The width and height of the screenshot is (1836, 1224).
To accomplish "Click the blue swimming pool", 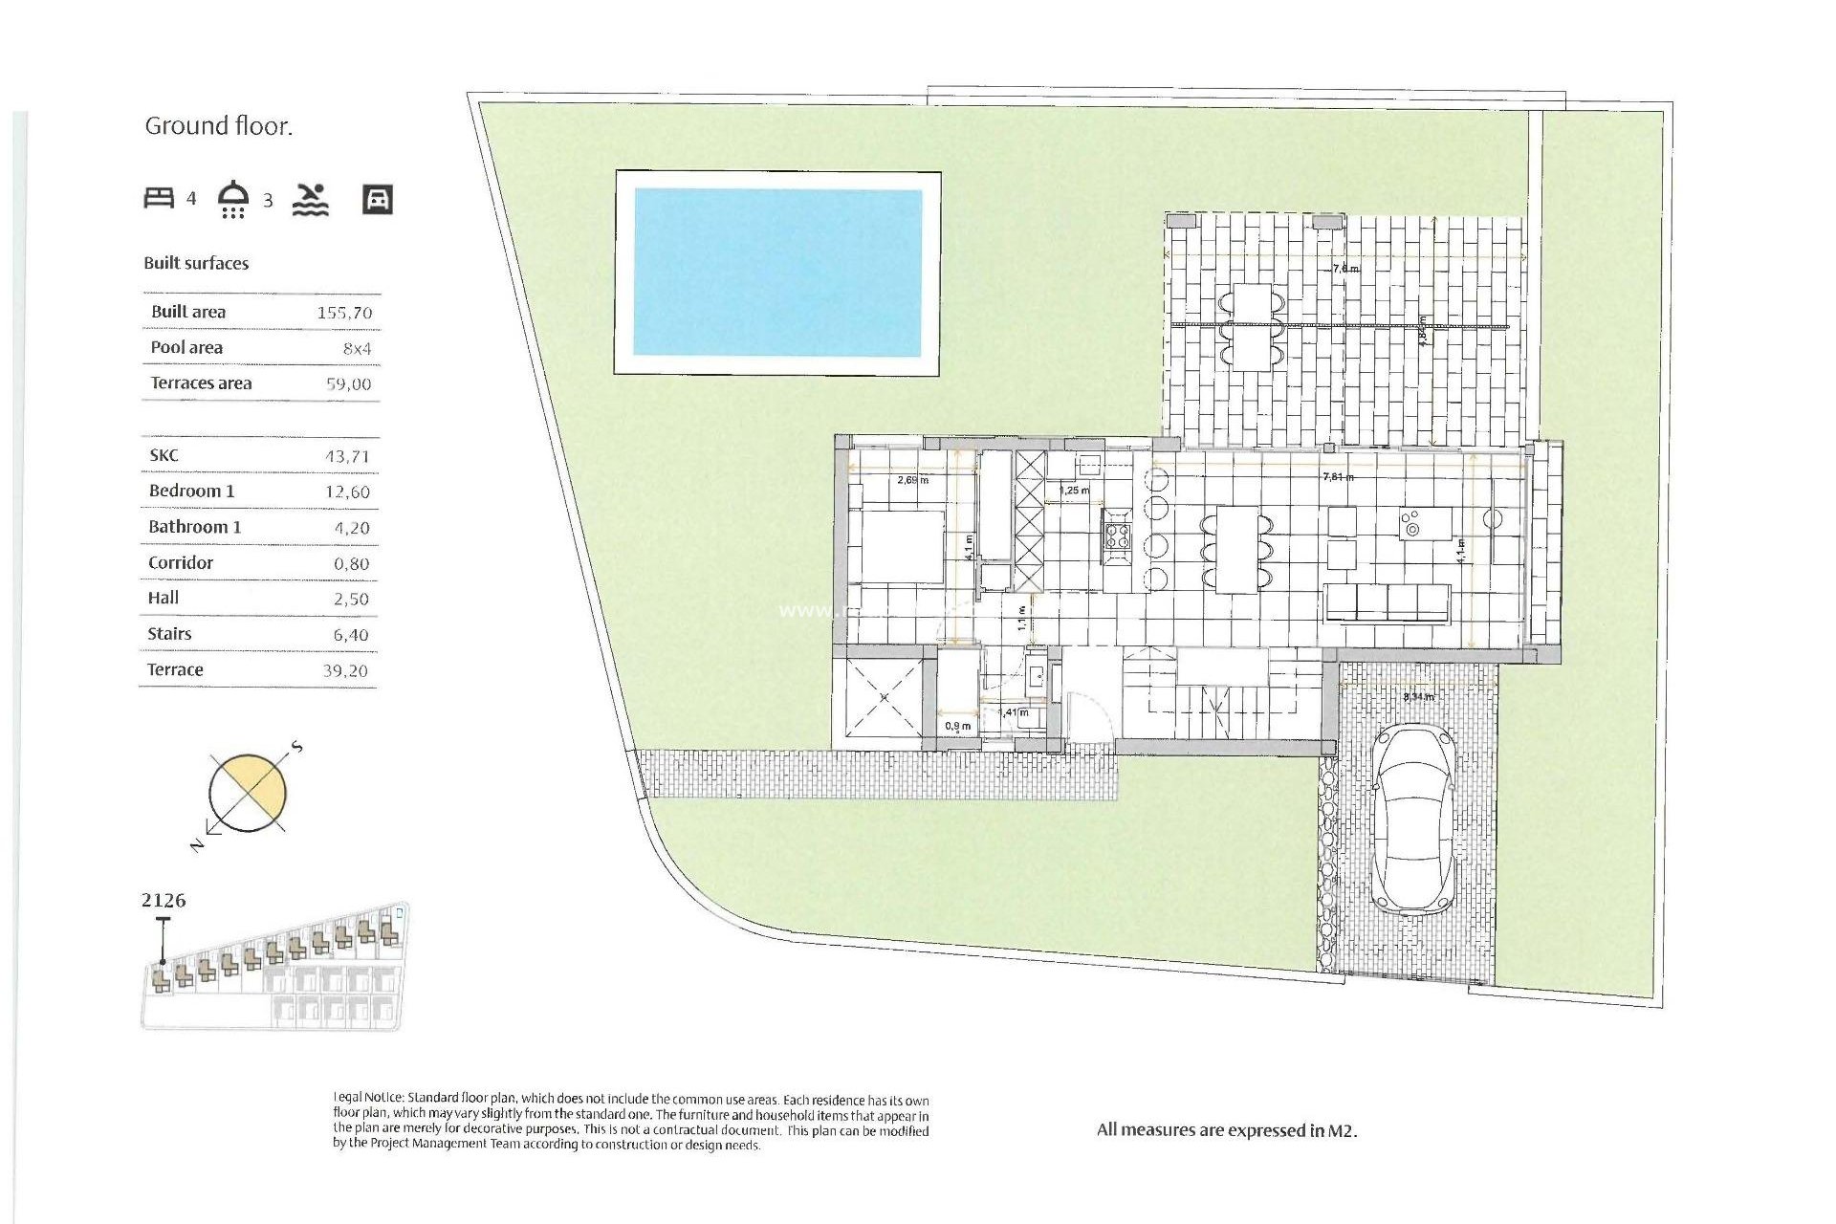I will (x=777, y=273).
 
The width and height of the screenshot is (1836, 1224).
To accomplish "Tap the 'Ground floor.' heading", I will (x=218, y=126).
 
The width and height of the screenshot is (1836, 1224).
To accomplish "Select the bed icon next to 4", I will (x=159, y=198).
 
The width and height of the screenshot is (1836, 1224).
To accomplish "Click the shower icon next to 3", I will (x=233, y=199).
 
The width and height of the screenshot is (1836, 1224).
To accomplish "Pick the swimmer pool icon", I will (x=311, y=199).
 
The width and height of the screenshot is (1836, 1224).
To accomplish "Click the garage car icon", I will (x=378, y=199).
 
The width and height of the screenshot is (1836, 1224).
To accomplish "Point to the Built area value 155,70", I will (x=344, y=313).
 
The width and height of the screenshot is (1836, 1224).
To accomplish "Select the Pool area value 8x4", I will (x=357, y=349).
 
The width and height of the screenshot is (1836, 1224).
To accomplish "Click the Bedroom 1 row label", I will (x=191, y=491).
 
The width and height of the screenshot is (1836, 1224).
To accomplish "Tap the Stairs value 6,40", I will (x=351, y=635).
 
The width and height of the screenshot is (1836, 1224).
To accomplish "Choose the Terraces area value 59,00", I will (x=348, y=384).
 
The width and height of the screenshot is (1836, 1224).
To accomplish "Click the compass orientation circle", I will (x=248, y=793).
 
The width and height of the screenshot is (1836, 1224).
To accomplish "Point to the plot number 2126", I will (x=164, y=900).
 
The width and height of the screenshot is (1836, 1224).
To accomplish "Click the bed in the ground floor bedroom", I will (x=896, y=547).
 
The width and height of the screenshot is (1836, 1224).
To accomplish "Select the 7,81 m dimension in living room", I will (x=1337, y=476).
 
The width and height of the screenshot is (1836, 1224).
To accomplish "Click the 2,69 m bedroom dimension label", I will (x=912, y=480).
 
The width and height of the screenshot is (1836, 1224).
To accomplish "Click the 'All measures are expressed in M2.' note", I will (x=1227, y=1130).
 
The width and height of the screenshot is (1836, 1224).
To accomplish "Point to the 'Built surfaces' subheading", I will (x=196, y=263).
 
